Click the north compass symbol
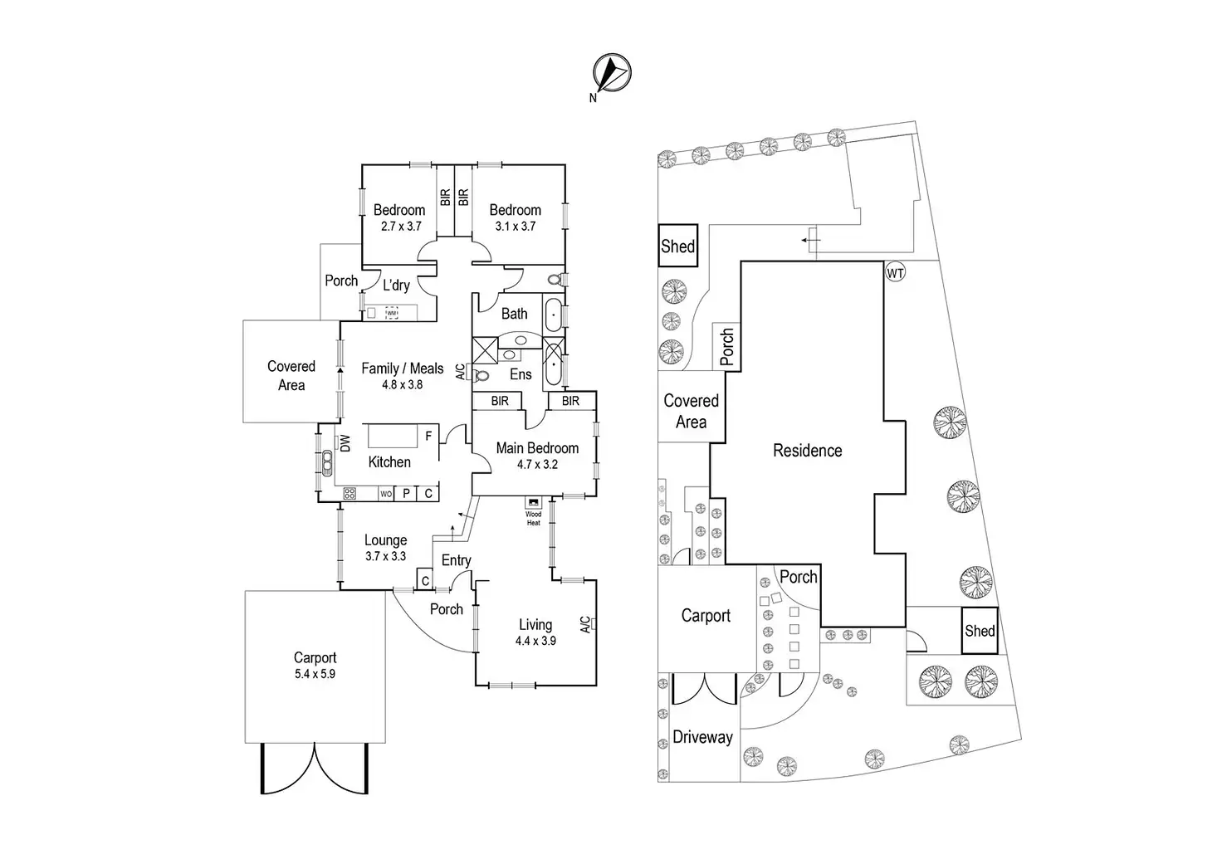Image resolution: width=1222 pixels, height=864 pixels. click(612, 72)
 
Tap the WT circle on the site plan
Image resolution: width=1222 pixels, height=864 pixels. click(895, 272)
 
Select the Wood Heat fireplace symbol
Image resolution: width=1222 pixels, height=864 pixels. click(533, 502)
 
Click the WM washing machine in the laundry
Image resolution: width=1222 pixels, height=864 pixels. click(392, 313)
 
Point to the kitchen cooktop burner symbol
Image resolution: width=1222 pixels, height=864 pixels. click(349, 494)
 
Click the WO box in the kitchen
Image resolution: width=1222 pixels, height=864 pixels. click(386, 494)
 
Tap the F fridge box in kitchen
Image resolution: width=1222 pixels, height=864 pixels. click(429, 436)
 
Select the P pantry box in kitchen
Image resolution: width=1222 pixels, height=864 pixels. click(406, 494)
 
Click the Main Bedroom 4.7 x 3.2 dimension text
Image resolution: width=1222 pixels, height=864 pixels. click(537, 465)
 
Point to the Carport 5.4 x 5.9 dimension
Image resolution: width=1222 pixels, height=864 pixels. click(315, 674)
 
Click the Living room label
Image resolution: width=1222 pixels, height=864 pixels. click(535, 624)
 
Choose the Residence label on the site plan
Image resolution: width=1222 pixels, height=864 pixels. click(808, 451)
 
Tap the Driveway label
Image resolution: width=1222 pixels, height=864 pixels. click(702, 738)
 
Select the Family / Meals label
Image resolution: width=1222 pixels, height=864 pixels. click(403, 369)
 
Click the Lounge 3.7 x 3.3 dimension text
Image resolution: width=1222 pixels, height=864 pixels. click(386, 556)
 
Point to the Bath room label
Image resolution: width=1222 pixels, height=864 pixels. click(515, 314)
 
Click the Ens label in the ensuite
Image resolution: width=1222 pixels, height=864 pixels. click(521, 374)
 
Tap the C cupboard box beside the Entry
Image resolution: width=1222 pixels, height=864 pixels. click(426, 579)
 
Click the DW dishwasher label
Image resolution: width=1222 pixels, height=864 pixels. click(345, 443)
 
